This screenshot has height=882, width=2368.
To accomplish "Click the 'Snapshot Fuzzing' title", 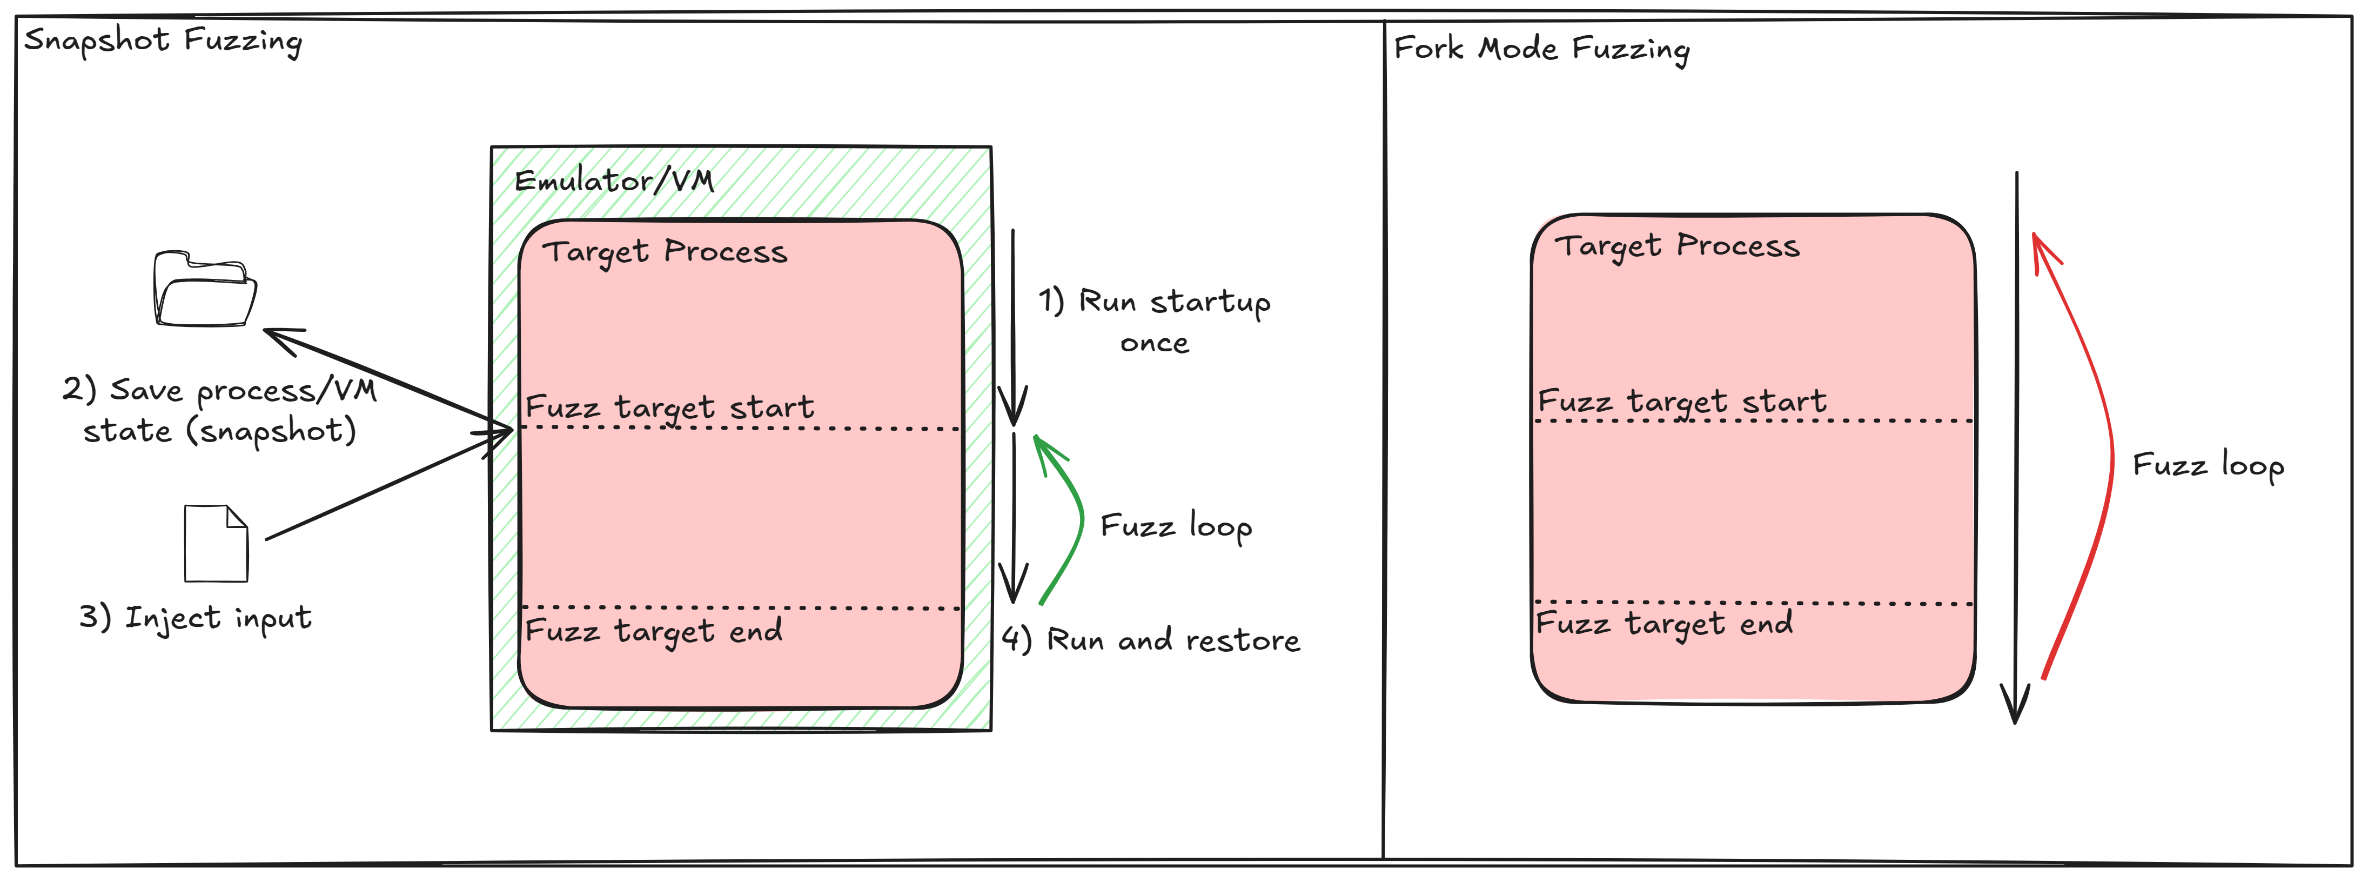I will [163, 42].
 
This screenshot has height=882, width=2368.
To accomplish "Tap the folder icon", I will [204, 289].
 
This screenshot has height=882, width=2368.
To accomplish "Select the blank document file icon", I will [216, 544].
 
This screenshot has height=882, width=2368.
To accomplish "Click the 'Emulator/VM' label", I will [614, 181].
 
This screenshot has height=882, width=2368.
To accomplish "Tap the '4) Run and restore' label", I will [1151, 640].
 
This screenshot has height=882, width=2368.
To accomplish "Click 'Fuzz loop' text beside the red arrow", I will [2208, 465].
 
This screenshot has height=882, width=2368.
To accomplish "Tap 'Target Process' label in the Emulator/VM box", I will [665, 252].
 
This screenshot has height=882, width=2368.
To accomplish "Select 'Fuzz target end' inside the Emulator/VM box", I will [654, 631].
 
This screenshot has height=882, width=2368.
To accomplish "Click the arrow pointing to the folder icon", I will [386, 377].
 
